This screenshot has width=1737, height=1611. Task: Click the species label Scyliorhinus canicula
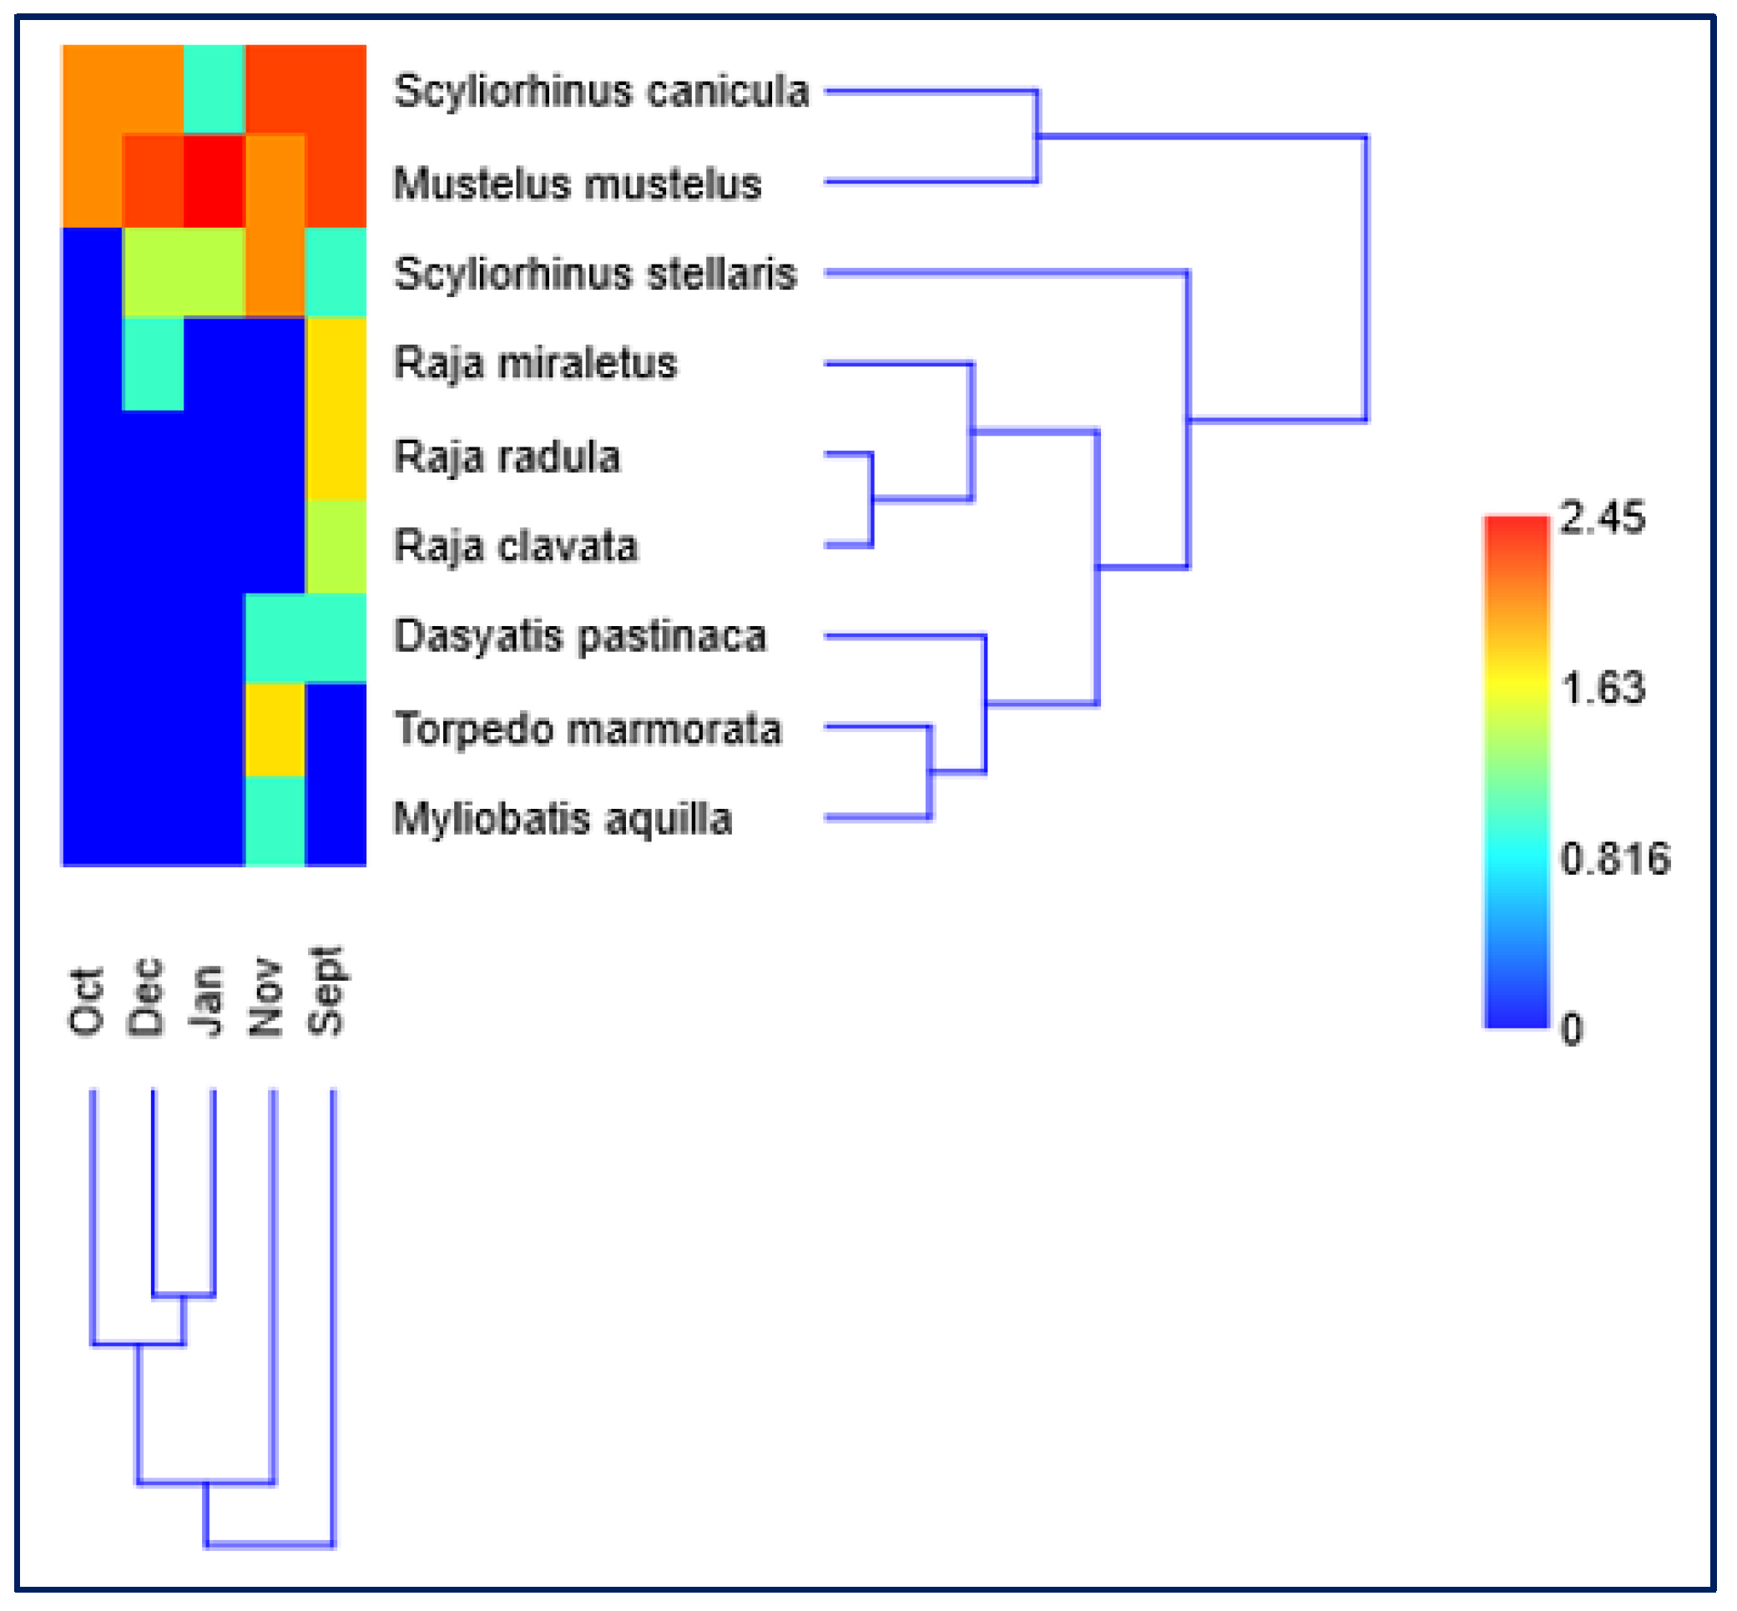tap(601, 92)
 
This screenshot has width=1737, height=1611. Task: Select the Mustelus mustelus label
tap(577, 184)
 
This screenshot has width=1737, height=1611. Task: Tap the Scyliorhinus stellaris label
tap(595, 274)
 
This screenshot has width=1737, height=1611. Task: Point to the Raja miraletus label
tap(535, 364)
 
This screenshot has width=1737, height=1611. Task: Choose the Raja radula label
tap(507, 457)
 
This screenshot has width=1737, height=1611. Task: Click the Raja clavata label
tap(516, 547)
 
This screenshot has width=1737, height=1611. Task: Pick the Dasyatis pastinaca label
tap(580, 636)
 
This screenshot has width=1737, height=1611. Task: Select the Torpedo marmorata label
tap(588, 729)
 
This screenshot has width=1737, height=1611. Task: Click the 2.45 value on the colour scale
tap(1602, 518)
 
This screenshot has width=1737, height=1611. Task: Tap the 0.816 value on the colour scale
tap(1615, 860)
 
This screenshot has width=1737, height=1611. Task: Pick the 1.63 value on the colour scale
tap(1602, 689)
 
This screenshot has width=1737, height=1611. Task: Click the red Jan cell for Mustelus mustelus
tap(214, 181)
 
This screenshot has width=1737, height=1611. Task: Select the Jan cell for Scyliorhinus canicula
tap(214, 90)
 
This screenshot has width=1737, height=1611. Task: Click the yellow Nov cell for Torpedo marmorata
tap(275, 730)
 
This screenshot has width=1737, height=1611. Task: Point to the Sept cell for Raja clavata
tap(336, 547)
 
